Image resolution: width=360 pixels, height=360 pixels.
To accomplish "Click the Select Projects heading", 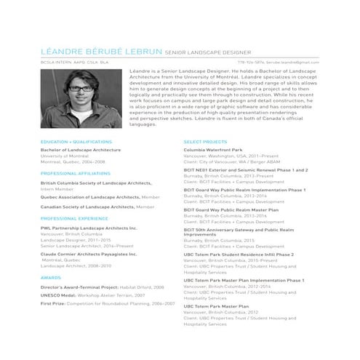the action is point(205,141).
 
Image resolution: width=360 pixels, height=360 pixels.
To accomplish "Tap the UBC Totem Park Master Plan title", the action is point(216,306).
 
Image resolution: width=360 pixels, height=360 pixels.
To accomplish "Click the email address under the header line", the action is point(298,63).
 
